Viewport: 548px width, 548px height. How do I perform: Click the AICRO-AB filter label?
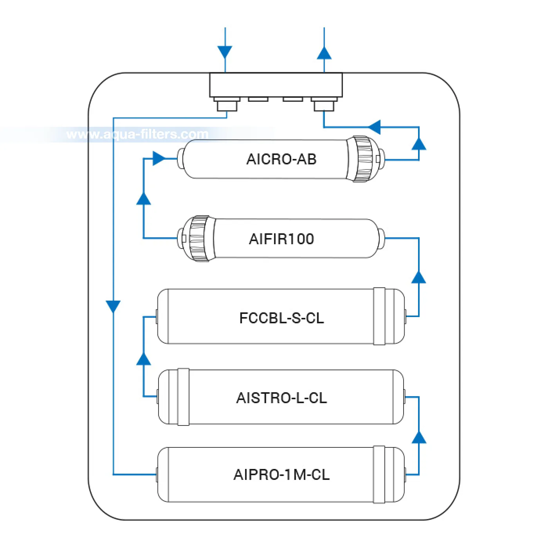281,159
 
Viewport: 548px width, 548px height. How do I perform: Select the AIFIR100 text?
281,239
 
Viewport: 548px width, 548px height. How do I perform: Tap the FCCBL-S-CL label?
281,318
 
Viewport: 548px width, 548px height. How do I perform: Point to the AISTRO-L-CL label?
281,398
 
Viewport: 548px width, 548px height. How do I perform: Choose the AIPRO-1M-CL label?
281,475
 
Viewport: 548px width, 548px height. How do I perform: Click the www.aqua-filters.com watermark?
137,134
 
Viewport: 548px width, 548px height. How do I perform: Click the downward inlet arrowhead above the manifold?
225,52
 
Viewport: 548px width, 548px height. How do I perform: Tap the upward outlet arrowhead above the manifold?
324,53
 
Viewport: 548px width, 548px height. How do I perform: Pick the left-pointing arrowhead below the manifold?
374,127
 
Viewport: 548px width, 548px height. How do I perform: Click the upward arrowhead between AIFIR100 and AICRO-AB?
144,198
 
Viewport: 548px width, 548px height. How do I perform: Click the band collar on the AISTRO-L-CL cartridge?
184,397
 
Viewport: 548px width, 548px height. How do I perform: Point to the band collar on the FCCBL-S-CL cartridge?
379,316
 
